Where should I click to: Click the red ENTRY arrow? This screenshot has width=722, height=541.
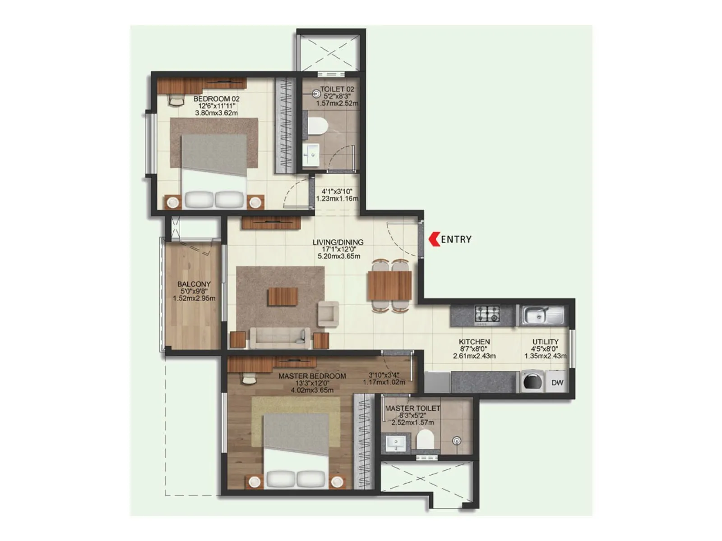pyautogui.click(x=434, y=239)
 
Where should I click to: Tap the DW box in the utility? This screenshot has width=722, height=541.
pyautogui.click(x=557, y=382)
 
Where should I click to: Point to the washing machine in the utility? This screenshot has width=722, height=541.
pyautogui.click(x=532, y=382)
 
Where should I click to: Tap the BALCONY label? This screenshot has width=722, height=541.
pyautogui.click(x=194, y=284)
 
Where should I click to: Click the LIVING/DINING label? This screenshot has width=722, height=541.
pyautogui.click(x=338, y=242)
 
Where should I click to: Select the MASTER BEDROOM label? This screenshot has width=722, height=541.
pyautogui.click(x=312, y=376)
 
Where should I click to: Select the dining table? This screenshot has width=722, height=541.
pyautogui.click(x=389, y=285)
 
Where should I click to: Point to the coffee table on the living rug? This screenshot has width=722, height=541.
pyautogui.click(x=283, y=297)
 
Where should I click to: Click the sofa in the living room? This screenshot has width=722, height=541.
pyautogui.click(x=280, y=338)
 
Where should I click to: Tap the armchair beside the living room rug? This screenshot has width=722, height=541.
pyautogui.click(x=329, y=314)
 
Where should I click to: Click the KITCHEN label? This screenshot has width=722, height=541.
pyautogui.click(x=474, y=342)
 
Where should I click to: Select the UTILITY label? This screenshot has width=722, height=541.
pyautogui.click(x=545, y=342)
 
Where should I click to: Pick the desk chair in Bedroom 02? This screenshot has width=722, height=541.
pyautogui.click(x=176, y=100)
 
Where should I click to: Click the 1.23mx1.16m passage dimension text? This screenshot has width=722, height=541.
pyautogui.click(x=337, y=198)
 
